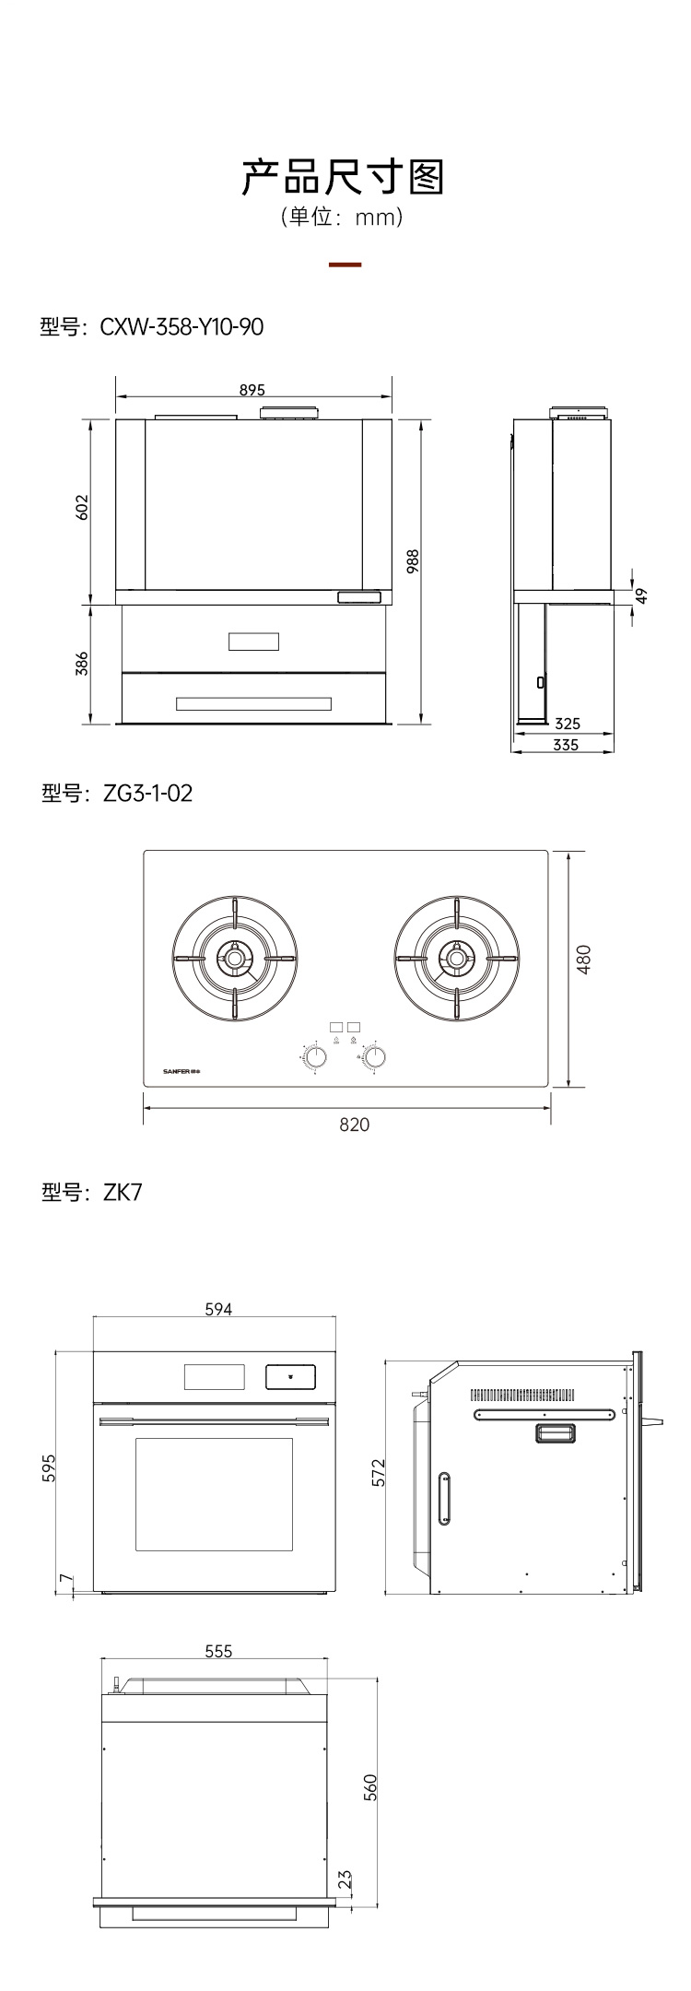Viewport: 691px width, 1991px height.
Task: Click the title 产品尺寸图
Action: click(343, 176)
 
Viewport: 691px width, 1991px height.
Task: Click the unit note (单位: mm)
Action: click(343, 218)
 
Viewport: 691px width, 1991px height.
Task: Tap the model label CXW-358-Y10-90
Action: click(152, 326)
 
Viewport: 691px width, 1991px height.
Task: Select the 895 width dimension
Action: click(252, 390)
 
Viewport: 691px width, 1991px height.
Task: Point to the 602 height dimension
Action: click(82, 508)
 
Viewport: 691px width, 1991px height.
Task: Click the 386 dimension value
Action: click(82, 665)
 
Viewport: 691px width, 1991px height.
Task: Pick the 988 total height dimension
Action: click(413, 563)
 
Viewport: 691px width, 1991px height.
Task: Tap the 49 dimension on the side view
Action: click(642, 595)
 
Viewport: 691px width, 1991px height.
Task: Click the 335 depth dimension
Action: click(566, 745)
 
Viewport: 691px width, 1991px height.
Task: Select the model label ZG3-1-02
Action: click(117, 793)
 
